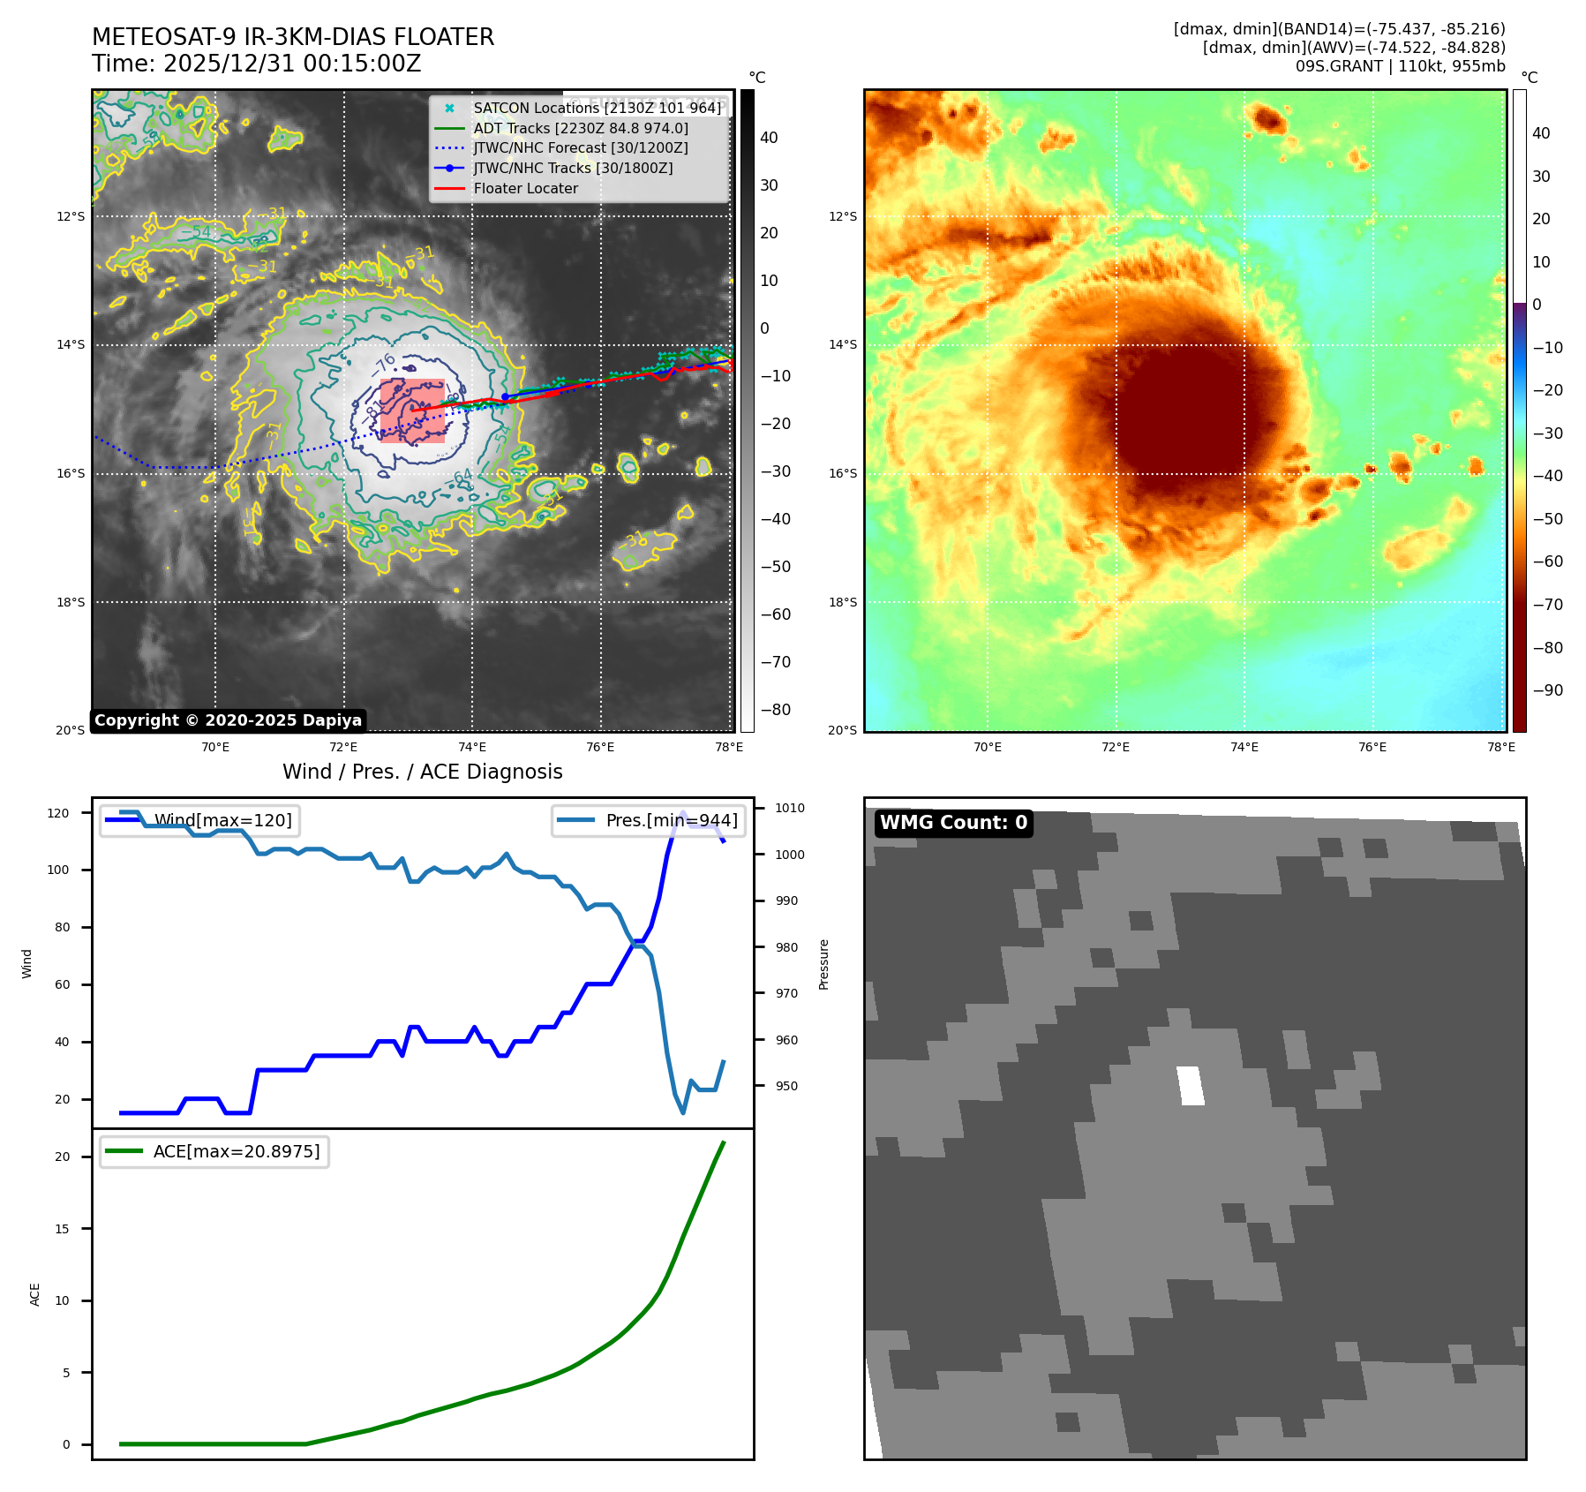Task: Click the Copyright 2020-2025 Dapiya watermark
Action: (x=228, y=720)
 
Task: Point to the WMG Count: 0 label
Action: (x=953, y=823)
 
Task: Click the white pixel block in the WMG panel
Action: (x=1191, y=1085)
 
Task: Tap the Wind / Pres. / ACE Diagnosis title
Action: (x=422, y=772)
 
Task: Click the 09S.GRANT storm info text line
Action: (x=1400, y=66)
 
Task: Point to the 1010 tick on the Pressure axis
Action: (x=790, y=808)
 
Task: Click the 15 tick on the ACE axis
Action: (x=62, y=1228)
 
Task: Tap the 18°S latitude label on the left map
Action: (x=71, y=602)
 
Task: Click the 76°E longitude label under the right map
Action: (x=1372, y=747)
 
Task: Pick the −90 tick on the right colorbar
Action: (x=1547, y=690)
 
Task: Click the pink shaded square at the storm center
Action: (x=412, y=411)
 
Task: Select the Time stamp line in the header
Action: (x=256, y=64)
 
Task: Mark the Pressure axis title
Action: (x=823, y=963)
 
